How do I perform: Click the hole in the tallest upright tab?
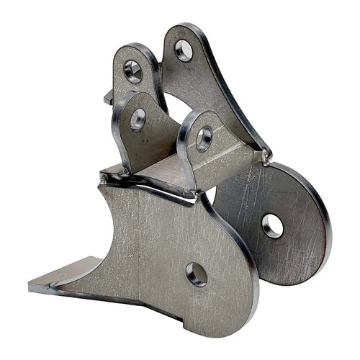coord(184,50)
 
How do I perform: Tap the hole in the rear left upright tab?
coord(132,69)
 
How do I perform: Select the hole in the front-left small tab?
coord(138,120)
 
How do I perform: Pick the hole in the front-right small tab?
coord(204,138)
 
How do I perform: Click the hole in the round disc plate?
coord(272,226)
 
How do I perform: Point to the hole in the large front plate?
coord(196,274)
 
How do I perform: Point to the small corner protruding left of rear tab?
coord(108,96)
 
